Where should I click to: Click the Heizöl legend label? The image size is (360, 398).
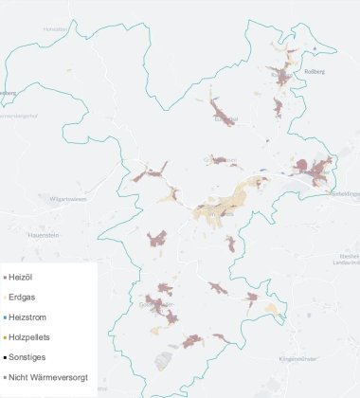pyautogui.click(x=21, y=277)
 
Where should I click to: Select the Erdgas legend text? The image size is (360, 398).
pyautogui.click(x=22, y=297)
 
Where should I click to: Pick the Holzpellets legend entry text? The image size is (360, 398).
pyautogui.click(x=29, y=336)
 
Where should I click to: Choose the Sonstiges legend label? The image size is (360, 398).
pyautogui.click(x=27, y=357)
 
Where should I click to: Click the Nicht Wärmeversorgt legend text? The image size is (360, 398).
pyautogui.click(x=48, y=377)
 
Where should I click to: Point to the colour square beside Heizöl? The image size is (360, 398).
pyautogui.click(x=4, y=277)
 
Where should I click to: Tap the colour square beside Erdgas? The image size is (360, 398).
pyautogui.click(x=4, y=297)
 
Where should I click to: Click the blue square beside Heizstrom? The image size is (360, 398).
pyautogui.click(x=4, y=317)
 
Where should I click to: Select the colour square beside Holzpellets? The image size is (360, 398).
pyautogui.click(x=4, y=336)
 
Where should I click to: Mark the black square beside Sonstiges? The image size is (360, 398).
pyautogui.click(x=4, y=357)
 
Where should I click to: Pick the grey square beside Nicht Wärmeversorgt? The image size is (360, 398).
pyautogui.click(x=4, y=377)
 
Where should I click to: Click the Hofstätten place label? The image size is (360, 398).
pyautogui.click(x=56, y=29)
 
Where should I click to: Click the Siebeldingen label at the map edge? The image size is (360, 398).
pyautogui.click(x=343, y=193)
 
